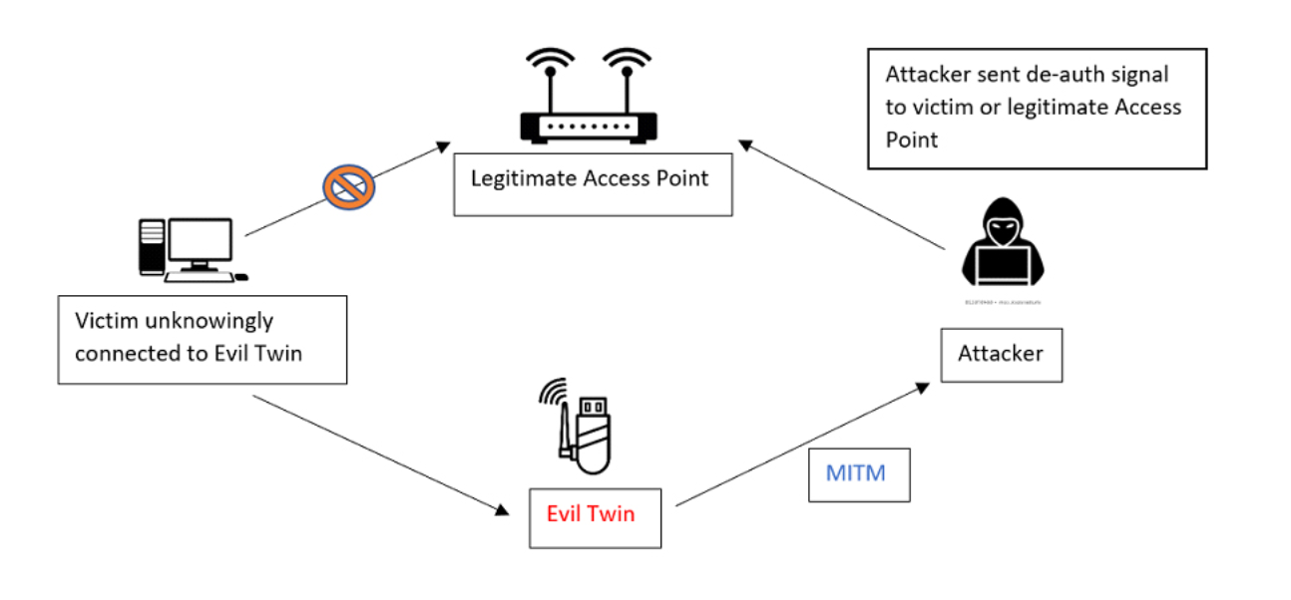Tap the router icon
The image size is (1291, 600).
tap(589, 110)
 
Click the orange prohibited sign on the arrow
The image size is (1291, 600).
tap(348, 186)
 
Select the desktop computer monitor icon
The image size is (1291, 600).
tap(201, 241)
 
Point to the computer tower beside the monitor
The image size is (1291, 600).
tap(151, 246)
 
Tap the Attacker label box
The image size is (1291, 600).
tap(1001, 354)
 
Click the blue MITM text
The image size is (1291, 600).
tap(856, 472)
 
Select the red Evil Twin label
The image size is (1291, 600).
tap(591, 514)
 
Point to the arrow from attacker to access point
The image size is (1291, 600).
tap(843, 195)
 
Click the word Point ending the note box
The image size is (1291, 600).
tap(912, 140)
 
